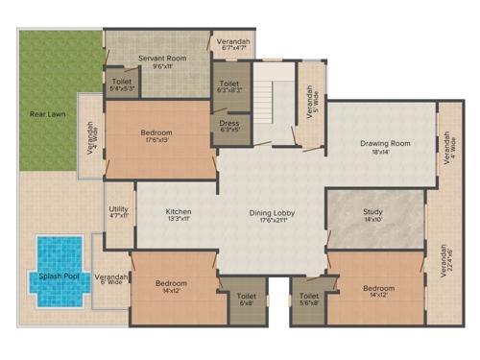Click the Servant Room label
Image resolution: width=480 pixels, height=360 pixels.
click(x=160, y=58)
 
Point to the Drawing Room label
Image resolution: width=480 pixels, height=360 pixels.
click(x=385, y=144)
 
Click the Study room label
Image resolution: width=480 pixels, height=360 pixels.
click(x=372, y=211)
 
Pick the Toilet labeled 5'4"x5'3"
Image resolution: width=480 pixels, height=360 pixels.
click(x=121, y=83)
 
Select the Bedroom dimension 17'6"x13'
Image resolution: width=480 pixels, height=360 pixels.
click(x=156, y=140)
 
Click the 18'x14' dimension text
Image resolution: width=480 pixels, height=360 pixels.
click(x=385, y=152)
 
